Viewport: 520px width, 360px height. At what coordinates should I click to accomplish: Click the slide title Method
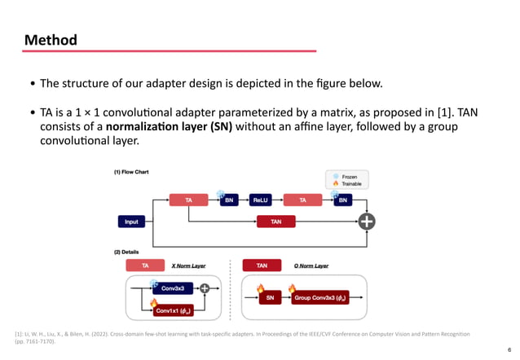(x=51, y=40)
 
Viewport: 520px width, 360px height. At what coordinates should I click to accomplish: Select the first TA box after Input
(x=189, y=199)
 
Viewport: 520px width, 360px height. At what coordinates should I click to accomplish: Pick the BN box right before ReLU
(x=229, y=199)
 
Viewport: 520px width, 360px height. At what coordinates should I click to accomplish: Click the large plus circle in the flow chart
(x=368, y=221)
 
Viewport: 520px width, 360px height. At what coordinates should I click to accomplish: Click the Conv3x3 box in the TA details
(x=171, y=288)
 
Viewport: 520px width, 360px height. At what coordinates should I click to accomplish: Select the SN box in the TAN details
(x=272, y=298)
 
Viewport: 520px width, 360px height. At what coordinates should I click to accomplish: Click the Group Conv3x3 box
(x=321, y=298)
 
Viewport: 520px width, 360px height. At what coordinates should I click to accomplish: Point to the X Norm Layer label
(x=188, y=266)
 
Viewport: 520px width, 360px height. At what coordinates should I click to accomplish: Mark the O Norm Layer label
(x=311, y=266)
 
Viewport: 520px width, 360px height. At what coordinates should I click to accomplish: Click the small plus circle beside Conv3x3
(x=204, y=288)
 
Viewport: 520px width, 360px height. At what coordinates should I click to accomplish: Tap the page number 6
(x=509, y=345)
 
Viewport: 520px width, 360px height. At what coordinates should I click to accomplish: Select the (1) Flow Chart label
(x=131, y=172)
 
